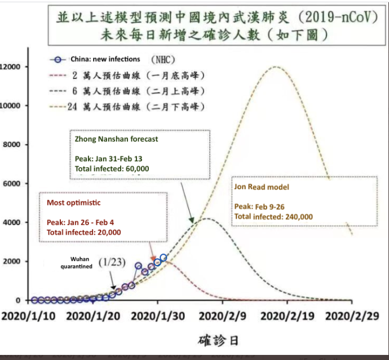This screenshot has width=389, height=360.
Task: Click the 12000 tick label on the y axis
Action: coord(10,67)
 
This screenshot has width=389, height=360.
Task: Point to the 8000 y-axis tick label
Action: coord(11,144)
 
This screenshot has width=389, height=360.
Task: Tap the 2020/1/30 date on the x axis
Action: coord(158,317)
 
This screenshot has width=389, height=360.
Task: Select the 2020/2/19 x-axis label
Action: coord(288,317)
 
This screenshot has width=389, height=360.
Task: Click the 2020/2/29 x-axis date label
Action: coord(352,317)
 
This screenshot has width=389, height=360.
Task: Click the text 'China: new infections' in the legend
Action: coord(105,59)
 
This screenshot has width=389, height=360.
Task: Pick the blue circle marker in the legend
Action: coord(58,60)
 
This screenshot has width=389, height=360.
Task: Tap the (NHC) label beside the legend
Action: coord(163,60)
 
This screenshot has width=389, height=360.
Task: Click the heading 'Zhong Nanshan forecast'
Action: coord(116,139)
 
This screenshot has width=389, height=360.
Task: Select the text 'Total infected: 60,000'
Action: coord(112,169)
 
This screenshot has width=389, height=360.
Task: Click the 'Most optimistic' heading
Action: coord(74,203)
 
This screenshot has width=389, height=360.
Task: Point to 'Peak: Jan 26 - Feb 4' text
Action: coord(81,222)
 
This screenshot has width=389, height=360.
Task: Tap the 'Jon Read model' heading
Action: coord(262,187)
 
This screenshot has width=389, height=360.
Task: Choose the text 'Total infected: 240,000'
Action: coord(273,217)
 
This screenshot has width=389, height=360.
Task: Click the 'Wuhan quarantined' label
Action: coord(77,263)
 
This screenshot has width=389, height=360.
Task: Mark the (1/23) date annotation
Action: coord(112,262)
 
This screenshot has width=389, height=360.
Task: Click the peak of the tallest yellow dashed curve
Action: coord(275,67)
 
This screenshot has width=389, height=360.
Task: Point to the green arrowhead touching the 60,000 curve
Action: coord(191,219)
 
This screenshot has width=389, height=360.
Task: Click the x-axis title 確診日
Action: coord(218,340)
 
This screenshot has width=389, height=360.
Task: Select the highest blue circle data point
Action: coord(163,258)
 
